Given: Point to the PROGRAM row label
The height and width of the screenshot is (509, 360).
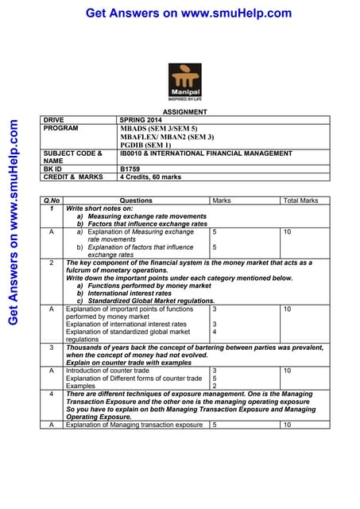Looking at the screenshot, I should (x=61, y=127).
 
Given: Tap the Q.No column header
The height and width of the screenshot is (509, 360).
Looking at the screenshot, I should (x=52, y=200).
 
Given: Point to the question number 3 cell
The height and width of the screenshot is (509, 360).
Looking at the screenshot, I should (x=52, y=348).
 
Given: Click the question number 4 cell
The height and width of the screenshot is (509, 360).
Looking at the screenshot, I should (x=52, y=394).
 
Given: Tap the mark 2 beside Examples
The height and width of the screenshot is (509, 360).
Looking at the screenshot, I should (x=215, y=386).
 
